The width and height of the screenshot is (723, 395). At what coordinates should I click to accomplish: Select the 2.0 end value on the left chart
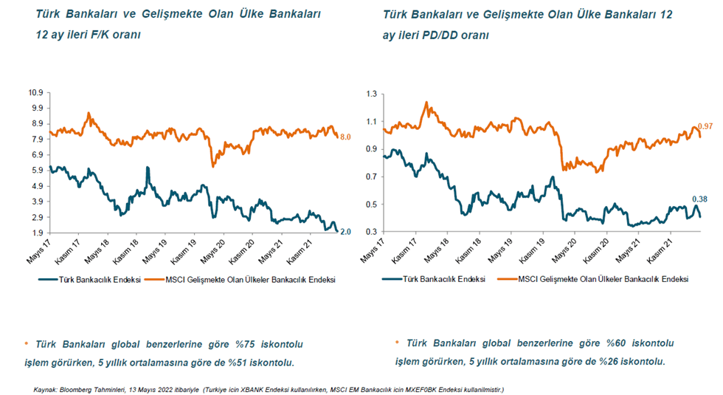pos(345,232)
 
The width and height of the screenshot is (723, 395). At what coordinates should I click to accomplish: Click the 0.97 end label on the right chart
pos(706,127)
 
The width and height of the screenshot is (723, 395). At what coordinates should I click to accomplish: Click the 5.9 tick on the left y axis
pos(38,170)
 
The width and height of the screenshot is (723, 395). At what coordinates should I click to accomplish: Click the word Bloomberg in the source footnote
pos(77,388)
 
